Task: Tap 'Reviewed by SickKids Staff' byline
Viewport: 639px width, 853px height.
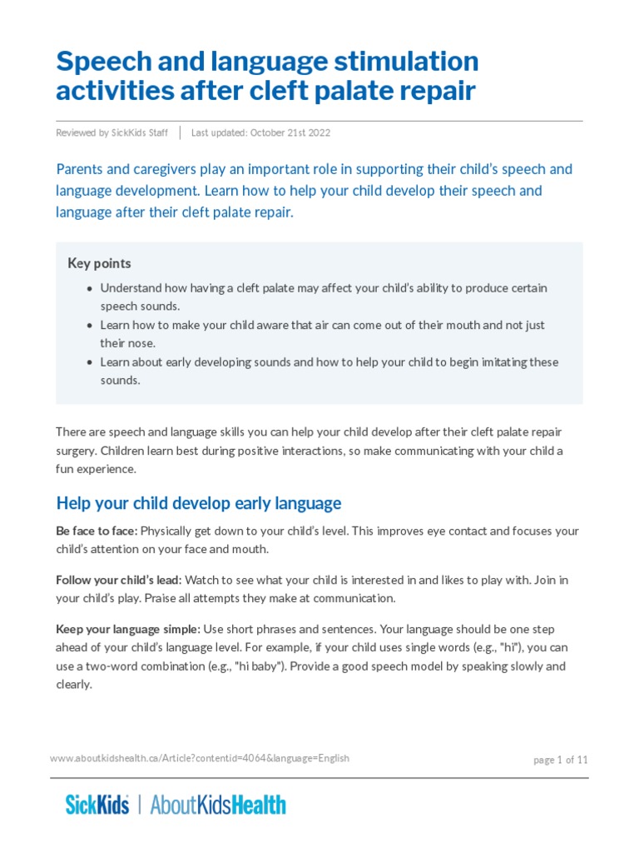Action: click(x=112, y=133)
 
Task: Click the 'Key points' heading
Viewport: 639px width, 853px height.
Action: click(x=99, y=263)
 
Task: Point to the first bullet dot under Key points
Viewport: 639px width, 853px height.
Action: click(x=89, y=288)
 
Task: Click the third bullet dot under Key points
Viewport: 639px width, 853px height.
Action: click(x=89, y=362)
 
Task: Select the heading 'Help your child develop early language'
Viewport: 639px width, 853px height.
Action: click(x=198, y=503)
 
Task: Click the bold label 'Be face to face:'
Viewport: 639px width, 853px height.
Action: click(x=97, y=531)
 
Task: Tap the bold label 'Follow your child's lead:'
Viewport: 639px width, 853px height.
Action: click(x=119, y=580)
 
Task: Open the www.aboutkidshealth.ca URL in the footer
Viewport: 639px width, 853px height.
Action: click(x=200, y=758)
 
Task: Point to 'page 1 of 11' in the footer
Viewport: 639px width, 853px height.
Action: click(x=560, y=760)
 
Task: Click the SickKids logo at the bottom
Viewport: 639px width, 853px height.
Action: click(x=97, y=805)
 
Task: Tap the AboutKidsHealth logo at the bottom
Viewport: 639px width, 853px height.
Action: click(x=218, y=805)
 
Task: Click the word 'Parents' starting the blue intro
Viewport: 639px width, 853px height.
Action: click(x=81, y=169)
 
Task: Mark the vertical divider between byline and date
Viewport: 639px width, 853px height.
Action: click(x=181, y=133)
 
